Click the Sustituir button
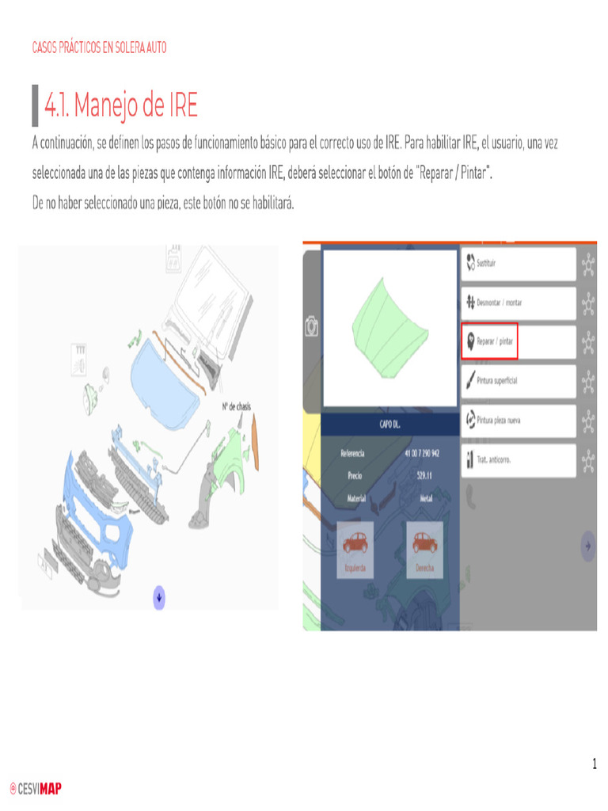pos(518,264)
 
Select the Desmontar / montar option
pos(518,303)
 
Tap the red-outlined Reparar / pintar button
pos(489,341)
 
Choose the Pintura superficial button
pos(518,381)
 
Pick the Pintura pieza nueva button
pos(518,420)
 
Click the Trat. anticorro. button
pos(518,459)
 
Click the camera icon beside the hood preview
pos(312,326)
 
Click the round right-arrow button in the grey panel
pos(587,546)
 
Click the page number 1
pos(595,764)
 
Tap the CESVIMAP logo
pos(36,788)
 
